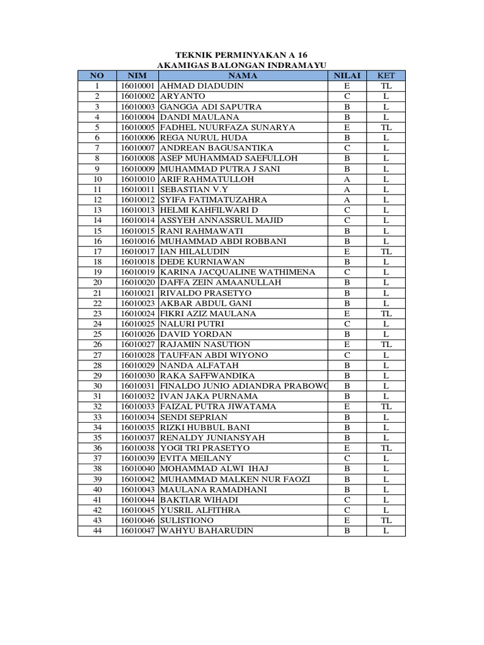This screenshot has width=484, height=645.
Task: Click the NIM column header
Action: (x=137, y=76)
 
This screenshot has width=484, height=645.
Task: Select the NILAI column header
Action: (x=347, y=76)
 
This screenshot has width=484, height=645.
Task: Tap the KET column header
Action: (x=386, y=76)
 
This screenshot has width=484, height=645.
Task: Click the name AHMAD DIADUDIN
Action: (x=198, y=86)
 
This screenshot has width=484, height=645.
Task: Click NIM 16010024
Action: (x=137, y=314)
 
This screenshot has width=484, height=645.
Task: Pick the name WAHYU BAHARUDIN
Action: (x=207, y=530)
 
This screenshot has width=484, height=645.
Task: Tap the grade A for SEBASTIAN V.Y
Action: (x=347, y=190)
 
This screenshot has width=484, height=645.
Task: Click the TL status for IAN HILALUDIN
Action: (x=386, y=251)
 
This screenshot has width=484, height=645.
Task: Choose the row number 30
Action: (x=98, y=385)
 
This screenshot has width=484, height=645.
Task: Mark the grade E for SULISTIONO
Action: (x=347, y=520)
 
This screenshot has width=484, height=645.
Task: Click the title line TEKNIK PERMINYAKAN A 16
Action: (x=241, y=55)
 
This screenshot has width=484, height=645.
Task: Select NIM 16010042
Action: (x=137, y=479)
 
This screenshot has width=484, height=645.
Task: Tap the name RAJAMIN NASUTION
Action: (x=205, y=345)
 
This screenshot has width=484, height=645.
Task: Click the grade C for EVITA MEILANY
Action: (x=347, y=458)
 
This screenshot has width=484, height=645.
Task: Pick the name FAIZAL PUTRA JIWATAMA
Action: (x=218, y=406)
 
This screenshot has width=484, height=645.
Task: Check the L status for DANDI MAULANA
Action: (x=386, y=117)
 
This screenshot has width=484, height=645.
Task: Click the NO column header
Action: (x=98, y=76)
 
